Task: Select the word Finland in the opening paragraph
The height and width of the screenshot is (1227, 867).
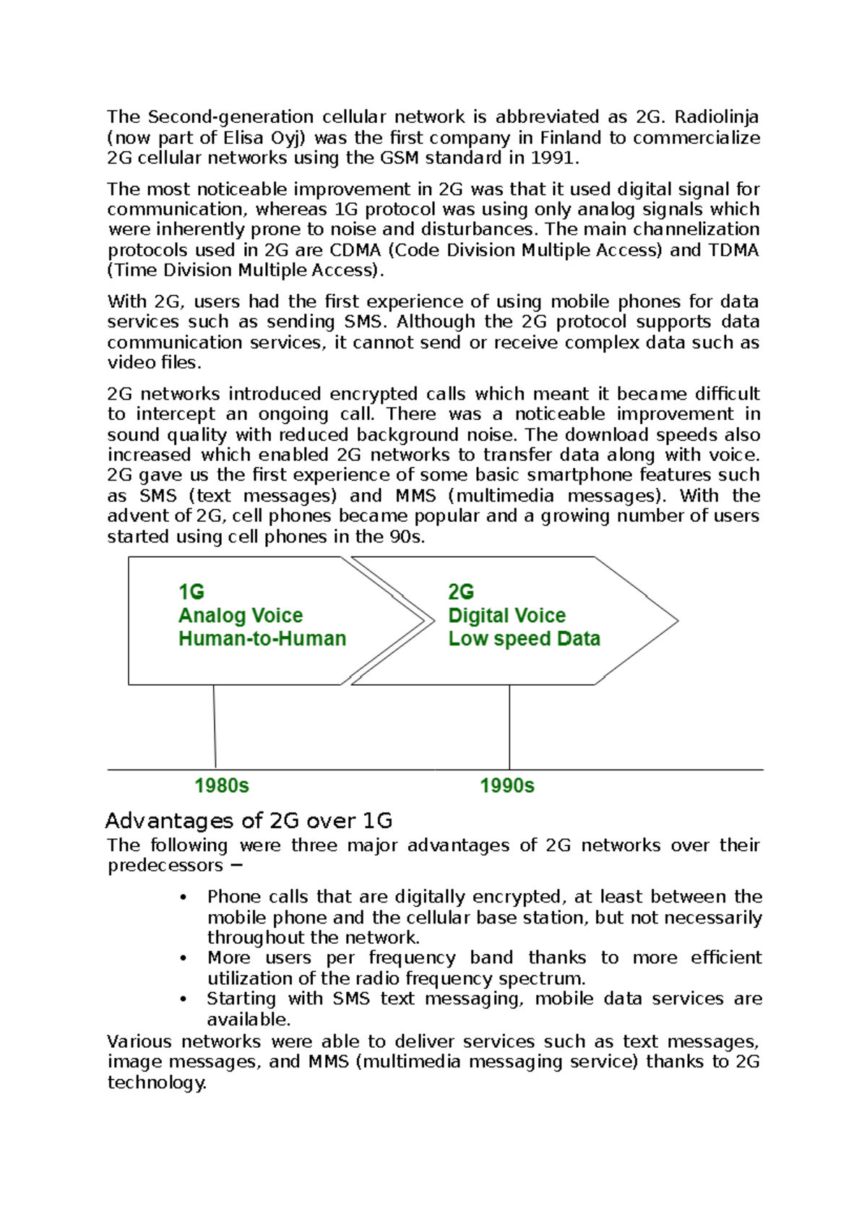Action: [x=571, y=138]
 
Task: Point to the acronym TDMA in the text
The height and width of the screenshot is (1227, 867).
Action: [x=733, y=250]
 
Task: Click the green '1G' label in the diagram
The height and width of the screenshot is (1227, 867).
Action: [x=191, y=592]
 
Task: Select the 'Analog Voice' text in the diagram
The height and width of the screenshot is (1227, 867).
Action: [x=241, y=616]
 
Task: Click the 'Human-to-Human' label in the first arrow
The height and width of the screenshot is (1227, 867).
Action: [x=262, y=639]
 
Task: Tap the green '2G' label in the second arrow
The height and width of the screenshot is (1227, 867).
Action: [x=461, y=592]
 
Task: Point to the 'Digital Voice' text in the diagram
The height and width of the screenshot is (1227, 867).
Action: [x=506, y=616]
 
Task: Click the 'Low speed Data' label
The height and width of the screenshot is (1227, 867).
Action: [x=524, y=639]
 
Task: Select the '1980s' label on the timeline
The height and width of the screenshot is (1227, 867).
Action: [x=222, y=786]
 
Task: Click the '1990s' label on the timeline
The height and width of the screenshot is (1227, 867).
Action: [x=507, y=786]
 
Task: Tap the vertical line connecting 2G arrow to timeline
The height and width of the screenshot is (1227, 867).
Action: [x=509, y=726]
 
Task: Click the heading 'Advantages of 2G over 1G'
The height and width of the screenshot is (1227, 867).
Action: [x=249, y=821]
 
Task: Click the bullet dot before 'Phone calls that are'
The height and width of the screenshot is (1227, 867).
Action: [x=184, y=897]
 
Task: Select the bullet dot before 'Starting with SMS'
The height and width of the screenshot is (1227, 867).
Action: [x=184, y=999]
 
